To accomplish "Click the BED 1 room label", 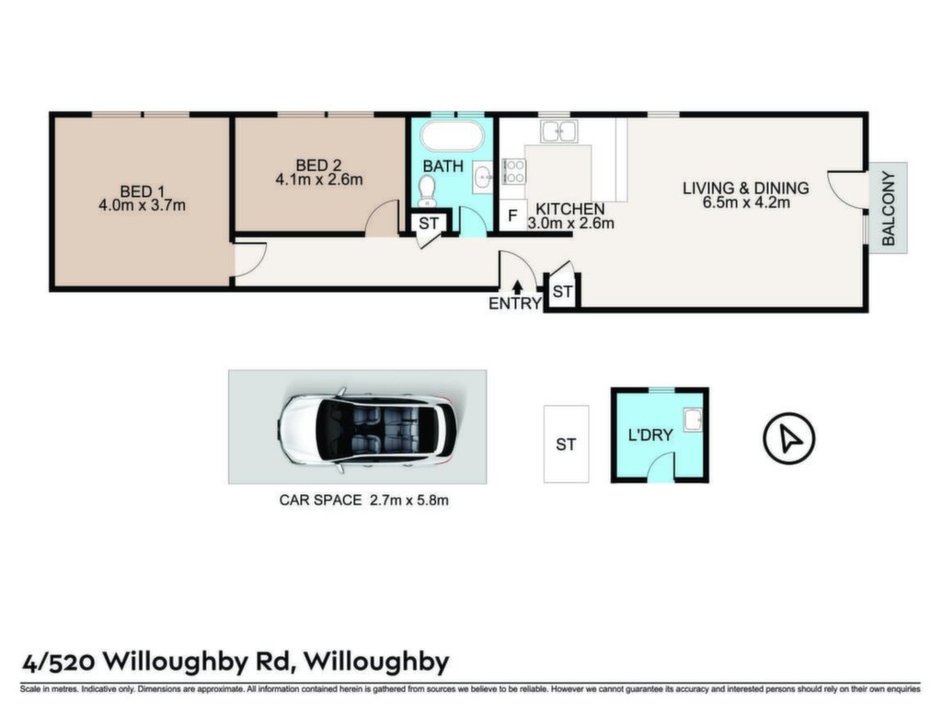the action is (143, 191).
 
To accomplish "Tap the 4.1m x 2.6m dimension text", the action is (319, 179).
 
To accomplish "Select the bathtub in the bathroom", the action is (452, 136).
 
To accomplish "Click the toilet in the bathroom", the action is (427, 190).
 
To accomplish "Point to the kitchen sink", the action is (558, 131).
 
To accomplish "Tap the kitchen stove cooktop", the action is (513, 170).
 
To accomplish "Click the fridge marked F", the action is (512, 215).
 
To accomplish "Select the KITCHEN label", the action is (569, 209).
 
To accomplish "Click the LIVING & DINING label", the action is (745, 188).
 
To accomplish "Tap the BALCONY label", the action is (889, 208).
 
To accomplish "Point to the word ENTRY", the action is (515, 304).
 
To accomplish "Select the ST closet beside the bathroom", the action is (429, 224).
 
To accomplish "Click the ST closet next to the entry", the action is (562, 292).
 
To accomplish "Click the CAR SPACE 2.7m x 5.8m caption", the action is (363, 500).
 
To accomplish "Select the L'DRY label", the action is (650, 435).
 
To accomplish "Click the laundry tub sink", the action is (693, 420).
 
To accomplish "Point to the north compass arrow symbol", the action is (788, 438).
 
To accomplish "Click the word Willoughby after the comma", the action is (376, 663).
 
